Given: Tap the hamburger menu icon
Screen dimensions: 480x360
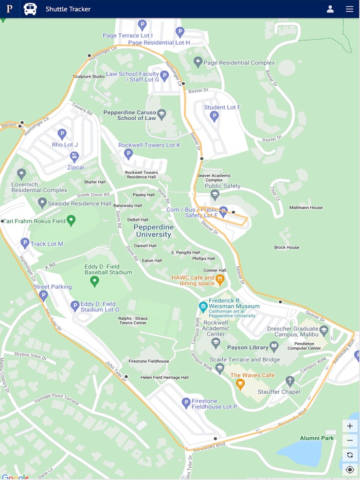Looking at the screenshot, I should click(349, 9).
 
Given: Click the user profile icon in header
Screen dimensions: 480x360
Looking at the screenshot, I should click(330, 9).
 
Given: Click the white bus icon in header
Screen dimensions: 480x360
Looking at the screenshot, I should click(30, 9).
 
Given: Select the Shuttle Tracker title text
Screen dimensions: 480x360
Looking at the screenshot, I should click(68, 9).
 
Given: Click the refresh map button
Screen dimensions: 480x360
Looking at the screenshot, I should click(350, 455).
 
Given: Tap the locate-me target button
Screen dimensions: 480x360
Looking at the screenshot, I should click(350, 469).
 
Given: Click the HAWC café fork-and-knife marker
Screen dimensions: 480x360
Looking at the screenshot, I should click(220, 280).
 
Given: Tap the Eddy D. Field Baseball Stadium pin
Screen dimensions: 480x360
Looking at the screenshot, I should click(95, 281).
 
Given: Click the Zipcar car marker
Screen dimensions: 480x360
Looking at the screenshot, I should click(75, 156).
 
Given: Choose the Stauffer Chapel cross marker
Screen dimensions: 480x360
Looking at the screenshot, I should click(290, 381).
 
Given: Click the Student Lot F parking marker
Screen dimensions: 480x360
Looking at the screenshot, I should click(214, 116).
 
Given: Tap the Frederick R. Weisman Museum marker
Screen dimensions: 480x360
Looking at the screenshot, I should click(204, 307).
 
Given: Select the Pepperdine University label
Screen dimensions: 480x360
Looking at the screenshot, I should click(152, 231).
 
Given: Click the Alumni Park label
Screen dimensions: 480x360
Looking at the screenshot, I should click(317, 438).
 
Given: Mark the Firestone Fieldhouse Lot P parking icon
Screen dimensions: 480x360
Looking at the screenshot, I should click(187, 403).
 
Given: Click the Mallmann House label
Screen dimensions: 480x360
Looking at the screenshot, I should click(305, 208).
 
